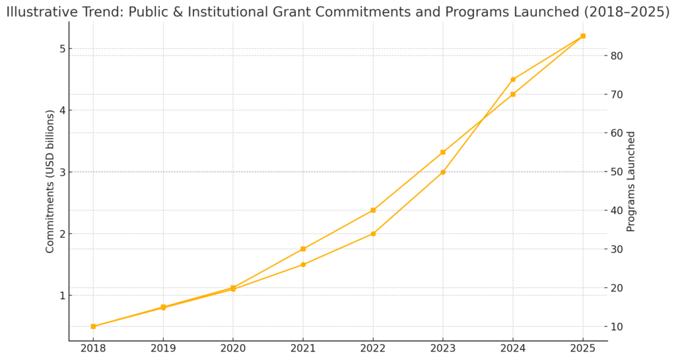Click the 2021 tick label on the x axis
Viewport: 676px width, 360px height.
click(x=303, y=349)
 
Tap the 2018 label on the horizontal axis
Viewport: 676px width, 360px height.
click(x=93, y=349)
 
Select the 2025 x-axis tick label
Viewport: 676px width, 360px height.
click(x=583, y=349)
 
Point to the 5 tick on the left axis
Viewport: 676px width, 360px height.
click(x=61, y=49)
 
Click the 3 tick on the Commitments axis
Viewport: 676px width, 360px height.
click(x=61, y=172)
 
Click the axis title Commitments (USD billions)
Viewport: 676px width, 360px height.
click(x=50, y=181)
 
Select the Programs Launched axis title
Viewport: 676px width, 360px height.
click(x=631, y=181)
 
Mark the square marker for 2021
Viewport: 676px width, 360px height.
click(x=303, y=249)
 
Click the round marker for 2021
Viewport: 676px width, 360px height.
click(x=303, y=264)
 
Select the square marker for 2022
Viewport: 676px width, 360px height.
click(x=373, y=210)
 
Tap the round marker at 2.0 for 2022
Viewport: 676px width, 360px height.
click(x=373, y=234)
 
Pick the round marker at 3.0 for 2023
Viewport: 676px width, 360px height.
click(x=443, y=172)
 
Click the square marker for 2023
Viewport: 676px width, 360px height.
click(x=443, y=152)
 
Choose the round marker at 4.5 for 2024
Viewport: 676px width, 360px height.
click(x=513, y=79)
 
